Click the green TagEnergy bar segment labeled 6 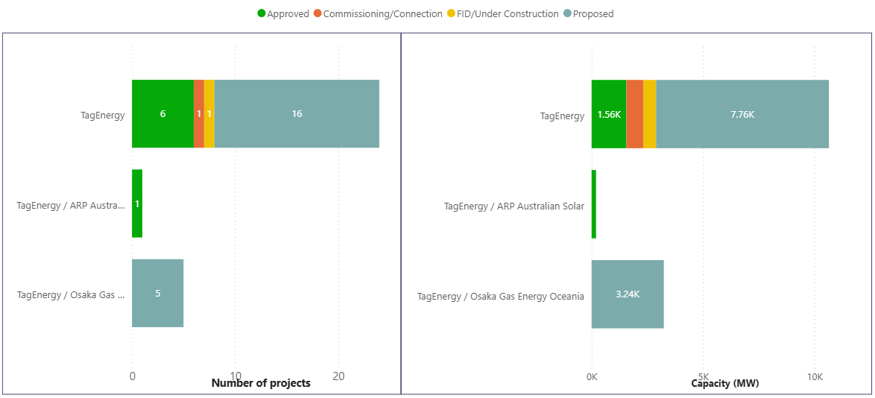pyautogui.click(x=162, y=114)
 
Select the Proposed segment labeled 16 pyautogui.click(x=297, y=114)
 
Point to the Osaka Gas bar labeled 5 pyautogui.click(x=157, y=294)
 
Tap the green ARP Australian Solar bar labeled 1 pyautogui.click(x=137, y=203)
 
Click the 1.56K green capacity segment pyautogui.click(x=609, y=115)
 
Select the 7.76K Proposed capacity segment pyautogui.click(x=742, y=115)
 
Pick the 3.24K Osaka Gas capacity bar pyautogui.click(x=628, y=294)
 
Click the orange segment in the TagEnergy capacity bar pyautogui.click(x=634, y=115)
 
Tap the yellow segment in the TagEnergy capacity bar pyautogui.click(x=649, y=115)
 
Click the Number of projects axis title pyautogui.click(x=261, y=383)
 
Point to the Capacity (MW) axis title pyautogui.click(x=725, y=383)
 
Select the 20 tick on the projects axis pyautogui.click(x=338, y=376)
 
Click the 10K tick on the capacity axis pyautogui.click(x=815, y=376)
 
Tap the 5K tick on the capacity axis pyautogui.click(x=703, y=376)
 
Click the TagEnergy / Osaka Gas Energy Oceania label pyautogui.click(x=501, y=297)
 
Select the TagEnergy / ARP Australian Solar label pyautogui.click(x=514, y=206)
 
